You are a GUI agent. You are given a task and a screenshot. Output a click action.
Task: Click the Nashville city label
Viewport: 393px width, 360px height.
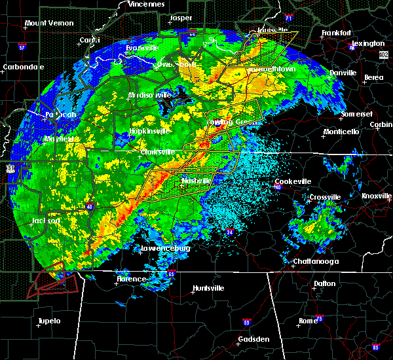coord(197,180)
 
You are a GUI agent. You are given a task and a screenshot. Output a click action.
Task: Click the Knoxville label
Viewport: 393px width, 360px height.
coord(377,196)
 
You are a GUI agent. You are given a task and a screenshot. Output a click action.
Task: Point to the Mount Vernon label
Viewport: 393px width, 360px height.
coord(47,24)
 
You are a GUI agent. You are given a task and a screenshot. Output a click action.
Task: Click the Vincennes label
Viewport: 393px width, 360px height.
coord(146,4)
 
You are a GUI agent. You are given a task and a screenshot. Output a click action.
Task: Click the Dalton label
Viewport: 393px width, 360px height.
coord(324,283)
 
